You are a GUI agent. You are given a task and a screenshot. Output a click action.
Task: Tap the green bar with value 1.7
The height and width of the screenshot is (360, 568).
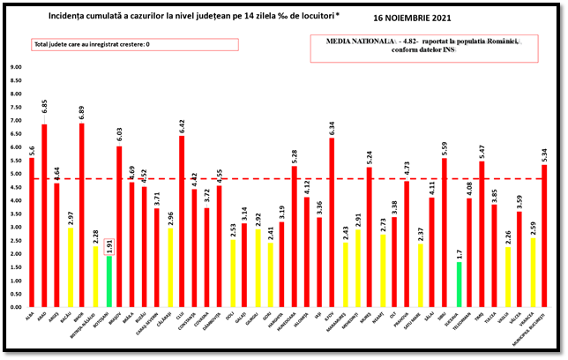(459, 284)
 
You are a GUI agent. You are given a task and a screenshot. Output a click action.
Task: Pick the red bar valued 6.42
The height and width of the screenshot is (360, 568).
(182, 221)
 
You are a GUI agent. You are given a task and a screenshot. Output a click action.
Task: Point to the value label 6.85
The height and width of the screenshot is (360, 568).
(44, 106)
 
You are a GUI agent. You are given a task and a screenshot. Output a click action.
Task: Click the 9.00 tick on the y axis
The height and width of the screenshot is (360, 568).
(16, 67)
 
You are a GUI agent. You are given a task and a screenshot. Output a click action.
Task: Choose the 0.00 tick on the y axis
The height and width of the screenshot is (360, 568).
(16, 307)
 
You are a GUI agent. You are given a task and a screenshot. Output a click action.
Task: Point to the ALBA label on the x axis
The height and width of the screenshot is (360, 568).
(31, 315)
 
